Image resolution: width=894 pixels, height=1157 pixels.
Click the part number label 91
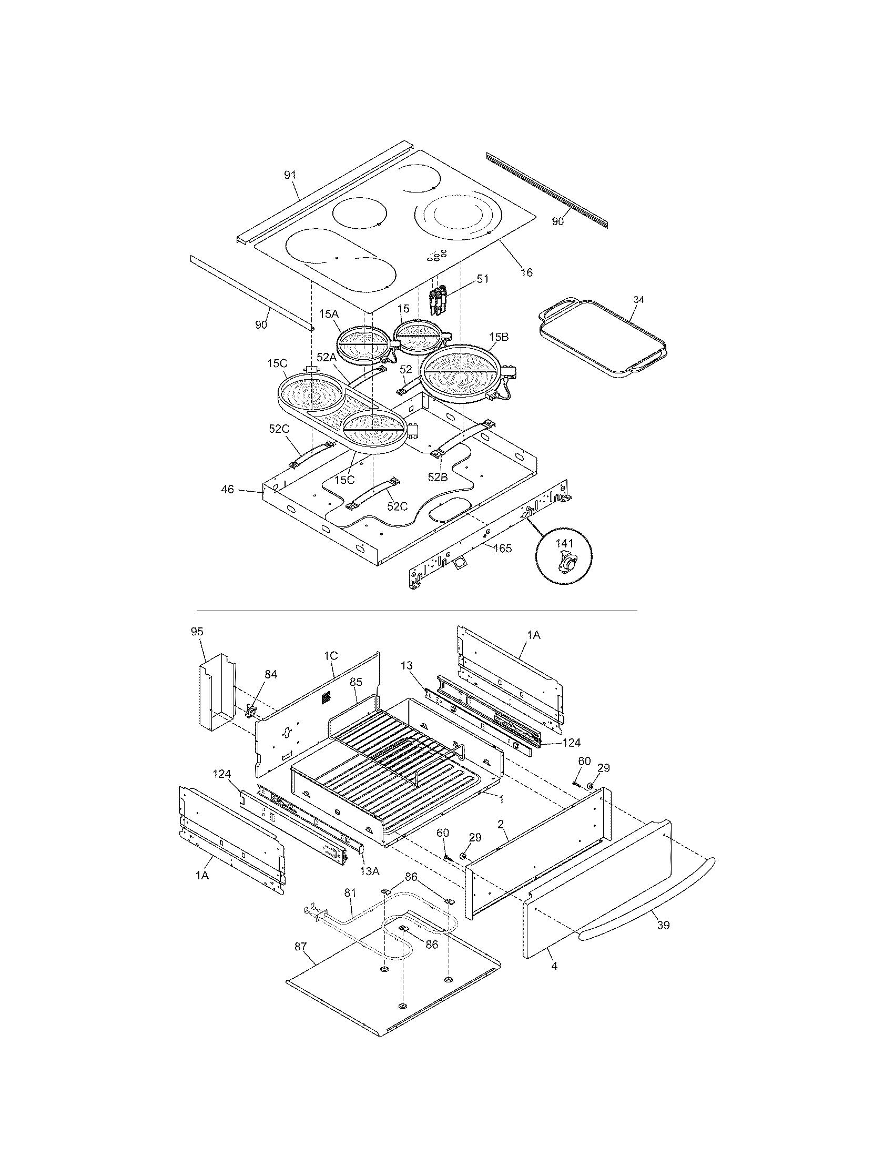click(x=290, y=175)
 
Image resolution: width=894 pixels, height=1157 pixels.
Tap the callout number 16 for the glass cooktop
click(x=526, y=272)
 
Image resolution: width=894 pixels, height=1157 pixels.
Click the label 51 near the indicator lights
click(x=482, y=279)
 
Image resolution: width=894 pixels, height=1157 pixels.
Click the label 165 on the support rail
click(x=502, y=549)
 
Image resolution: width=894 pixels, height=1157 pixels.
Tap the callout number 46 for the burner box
click(x=227, y=490)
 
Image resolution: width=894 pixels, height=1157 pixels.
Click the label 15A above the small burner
click(x=328, y=314)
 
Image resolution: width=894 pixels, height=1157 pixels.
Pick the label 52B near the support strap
click(x=438, y=478)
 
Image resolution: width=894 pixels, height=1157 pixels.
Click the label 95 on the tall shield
click(x=197, y=632)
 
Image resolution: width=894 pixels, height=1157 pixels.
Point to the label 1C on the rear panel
click(x=330, y=655)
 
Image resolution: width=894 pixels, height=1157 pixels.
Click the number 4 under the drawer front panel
click(x=554, y=966)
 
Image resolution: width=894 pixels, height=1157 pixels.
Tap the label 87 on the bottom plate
click(x=300, y=946)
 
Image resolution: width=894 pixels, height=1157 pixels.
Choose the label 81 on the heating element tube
click(x=350, y=892)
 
